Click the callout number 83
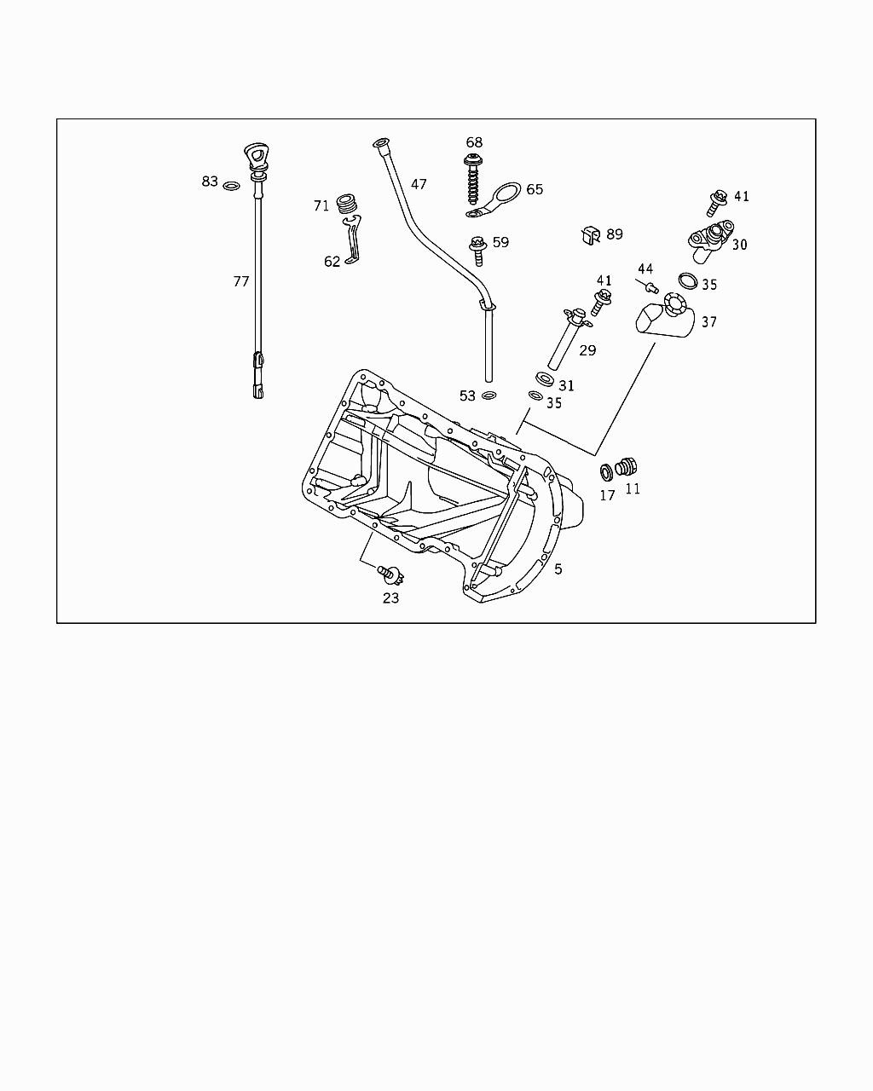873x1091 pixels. click(x=210, y=181)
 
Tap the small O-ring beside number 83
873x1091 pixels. click(x=231, y=186)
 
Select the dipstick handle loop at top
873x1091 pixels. click(x=256, y=156)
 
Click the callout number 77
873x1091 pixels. click(x=241, y=281)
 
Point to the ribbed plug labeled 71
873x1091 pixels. click(x=348, y=203)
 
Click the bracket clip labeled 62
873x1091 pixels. click(x=351, y=240)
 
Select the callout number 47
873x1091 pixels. click(x=419, y=184)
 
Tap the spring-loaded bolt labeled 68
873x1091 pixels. click(x=473, y=178)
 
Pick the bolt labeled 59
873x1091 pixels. click(x=478, y=251)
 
